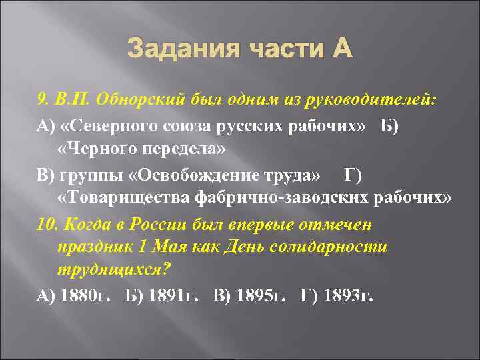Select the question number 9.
(41, 100)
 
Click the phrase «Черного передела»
(142, 149)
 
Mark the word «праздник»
(87, 247)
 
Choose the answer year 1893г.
(346, 296)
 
